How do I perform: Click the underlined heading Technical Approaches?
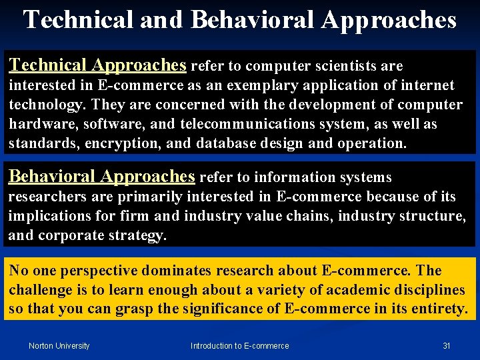(x=97, y=65)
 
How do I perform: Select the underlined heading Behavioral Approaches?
(x=101, y=177)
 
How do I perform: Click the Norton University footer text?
(x=59, y=345)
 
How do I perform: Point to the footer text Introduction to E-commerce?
(x=240, y=345)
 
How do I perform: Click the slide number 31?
(x=447, y=345)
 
